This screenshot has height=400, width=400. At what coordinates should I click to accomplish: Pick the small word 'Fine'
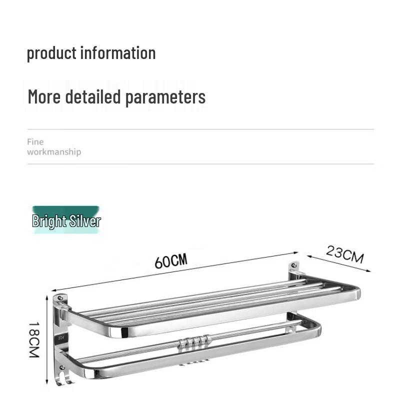click(x=35, y=142)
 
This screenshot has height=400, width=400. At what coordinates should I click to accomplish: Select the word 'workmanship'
click(x=54, y=152)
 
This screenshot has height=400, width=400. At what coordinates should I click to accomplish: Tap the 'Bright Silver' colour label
click(x=66, y=221)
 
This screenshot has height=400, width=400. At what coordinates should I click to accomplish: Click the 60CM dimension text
click(x=170, y=260)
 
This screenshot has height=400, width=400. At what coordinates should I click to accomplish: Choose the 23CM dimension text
click(x=345, y=254)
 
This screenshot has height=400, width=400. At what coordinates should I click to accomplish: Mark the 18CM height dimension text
click(x=33, y=339)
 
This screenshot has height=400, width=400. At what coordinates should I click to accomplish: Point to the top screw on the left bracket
click(x=60, y=298)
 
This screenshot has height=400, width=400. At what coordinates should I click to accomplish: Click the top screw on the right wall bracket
click(x=294, y=265)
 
